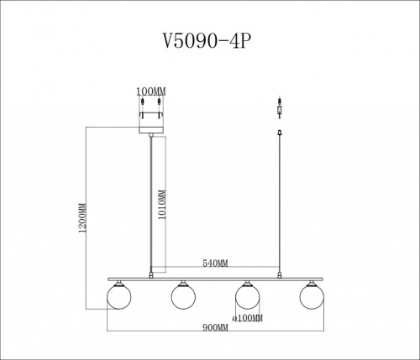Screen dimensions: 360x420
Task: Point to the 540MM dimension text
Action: (215, 264)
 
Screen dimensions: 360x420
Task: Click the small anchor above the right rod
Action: (280, 109)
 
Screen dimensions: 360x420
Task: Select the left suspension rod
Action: (150, 201)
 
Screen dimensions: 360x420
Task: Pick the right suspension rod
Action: (280, 201)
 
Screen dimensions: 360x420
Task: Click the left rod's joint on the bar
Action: (150, 273)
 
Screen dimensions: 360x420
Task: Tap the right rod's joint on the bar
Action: (280, 273)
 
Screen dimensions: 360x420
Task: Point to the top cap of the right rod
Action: (280, 132)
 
